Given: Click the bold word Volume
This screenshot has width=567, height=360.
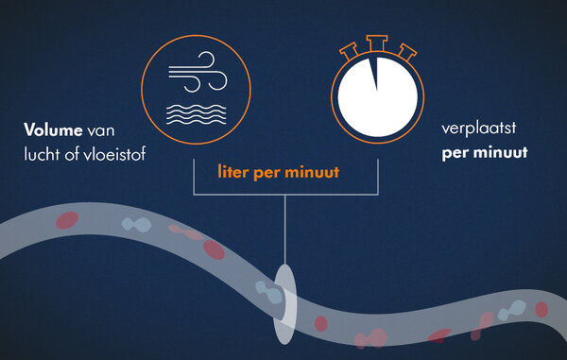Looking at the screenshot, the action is (53, 129).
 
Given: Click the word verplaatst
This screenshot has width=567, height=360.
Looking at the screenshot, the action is (479, 129).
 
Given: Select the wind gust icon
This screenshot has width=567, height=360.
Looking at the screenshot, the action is (198, 72).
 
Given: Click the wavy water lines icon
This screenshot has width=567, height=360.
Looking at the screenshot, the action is (197, 114).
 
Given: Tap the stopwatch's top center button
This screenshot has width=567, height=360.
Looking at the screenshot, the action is (377, 43).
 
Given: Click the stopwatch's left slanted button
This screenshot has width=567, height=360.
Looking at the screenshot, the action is (350, 51).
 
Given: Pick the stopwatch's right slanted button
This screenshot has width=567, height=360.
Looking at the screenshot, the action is (406, 52).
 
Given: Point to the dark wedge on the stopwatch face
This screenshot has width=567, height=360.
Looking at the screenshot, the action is (374, 74).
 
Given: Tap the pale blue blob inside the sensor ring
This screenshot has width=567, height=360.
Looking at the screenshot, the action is (269, 292).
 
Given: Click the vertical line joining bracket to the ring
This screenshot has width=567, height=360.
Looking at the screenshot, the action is (285, 230).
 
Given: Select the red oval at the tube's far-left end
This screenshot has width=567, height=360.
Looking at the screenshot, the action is (67, 220).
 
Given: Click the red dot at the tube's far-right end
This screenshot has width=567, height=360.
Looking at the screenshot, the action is (541, 310).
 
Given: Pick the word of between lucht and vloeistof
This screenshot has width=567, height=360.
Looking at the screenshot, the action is (72, 154).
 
